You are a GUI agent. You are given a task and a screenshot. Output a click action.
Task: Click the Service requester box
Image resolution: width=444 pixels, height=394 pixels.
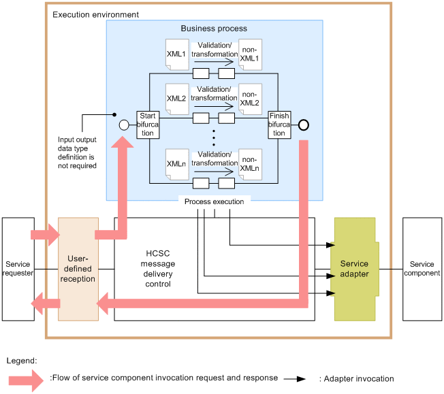click(18, 269)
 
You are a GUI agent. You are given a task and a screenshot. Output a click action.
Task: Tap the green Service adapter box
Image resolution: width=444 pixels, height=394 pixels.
click(354, 269)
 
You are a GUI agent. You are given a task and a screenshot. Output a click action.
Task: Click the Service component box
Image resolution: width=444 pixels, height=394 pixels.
click(422, 269)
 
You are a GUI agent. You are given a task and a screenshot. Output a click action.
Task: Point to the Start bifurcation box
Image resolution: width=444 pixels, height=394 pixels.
click(147, 125)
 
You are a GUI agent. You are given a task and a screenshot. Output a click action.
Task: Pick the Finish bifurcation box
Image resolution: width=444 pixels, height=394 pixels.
click(279, 125)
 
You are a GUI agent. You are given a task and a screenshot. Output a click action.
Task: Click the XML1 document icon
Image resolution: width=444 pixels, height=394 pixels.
click(176, 53)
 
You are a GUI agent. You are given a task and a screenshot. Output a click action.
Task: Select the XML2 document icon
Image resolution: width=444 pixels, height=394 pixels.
click(176, 98)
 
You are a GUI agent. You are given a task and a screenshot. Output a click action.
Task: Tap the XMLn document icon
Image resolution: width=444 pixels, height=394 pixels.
click(176, 163)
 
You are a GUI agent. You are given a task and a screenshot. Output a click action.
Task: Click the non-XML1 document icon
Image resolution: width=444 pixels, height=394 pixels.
click(249, 53)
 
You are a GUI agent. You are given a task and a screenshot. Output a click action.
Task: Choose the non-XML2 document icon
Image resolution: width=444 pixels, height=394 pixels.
click(249, 98)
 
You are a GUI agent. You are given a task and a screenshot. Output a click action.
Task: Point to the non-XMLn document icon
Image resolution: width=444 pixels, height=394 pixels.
click(249, 163)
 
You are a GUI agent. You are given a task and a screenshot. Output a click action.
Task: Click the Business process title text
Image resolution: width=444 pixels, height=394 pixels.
click(214, 29)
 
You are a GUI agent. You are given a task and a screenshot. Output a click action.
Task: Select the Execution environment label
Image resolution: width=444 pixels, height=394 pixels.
click(95, 14)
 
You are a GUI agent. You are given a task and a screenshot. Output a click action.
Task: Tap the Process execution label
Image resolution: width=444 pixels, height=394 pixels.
click(214, 202)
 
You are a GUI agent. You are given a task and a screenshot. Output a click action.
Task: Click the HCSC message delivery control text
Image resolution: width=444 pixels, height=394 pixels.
click(158, 269)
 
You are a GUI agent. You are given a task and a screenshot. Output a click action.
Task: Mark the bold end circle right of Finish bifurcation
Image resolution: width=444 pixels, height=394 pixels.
click(304, 125)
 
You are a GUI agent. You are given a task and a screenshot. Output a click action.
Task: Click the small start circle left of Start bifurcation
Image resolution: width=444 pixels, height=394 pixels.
click(124, 125)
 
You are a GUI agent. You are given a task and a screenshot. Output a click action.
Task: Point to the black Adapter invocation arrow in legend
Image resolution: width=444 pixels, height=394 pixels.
click(294, 378)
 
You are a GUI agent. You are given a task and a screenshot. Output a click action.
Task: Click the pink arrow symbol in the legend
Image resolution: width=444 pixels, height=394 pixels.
click(27, 378)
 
